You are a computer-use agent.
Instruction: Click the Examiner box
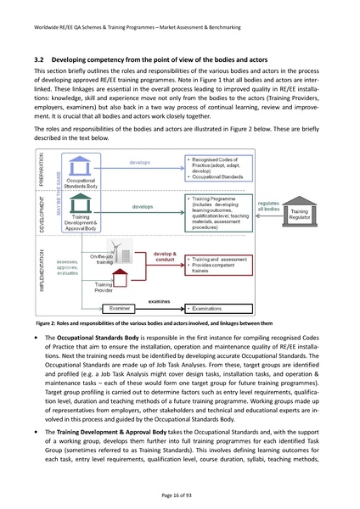[x=119, y=310]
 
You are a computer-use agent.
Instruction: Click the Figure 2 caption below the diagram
[x=154, y=324]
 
